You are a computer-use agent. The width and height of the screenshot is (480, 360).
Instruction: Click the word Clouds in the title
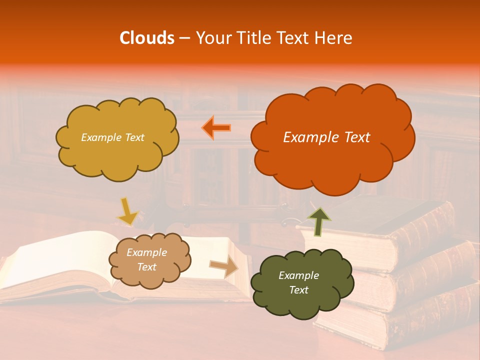point(146,38)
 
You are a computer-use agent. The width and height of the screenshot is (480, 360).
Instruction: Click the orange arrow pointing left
point(216,127)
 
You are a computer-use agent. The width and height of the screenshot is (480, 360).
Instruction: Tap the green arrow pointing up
point(319,221)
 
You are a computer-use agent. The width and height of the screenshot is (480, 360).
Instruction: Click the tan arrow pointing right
point(223,267)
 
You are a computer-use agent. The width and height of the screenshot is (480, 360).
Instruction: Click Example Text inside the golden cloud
point(112,137)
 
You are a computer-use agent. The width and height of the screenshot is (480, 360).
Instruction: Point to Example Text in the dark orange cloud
point(326,137)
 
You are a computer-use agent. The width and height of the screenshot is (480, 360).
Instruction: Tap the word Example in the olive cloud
point(298,275)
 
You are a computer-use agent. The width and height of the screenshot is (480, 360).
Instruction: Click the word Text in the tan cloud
point(147,267)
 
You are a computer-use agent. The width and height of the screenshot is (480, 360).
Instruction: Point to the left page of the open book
point(55,260)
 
